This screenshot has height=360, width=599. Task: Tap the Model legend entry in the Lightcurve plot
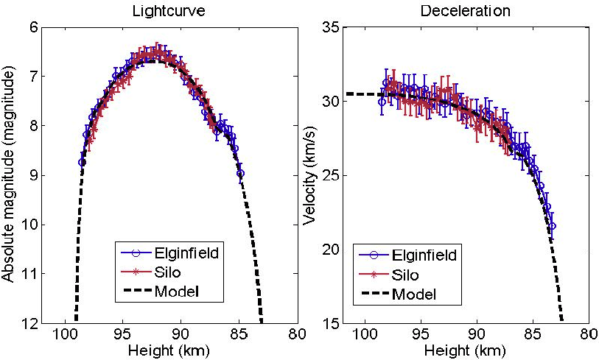pyautogui.click(x=178, y=292)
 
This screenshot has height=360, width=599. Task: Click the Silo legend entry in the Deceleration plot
pyautogui.click(x=406, y=275)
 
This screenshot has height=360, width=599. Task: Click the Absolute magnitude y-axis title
pyautogui.click(x=10, y=174)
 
